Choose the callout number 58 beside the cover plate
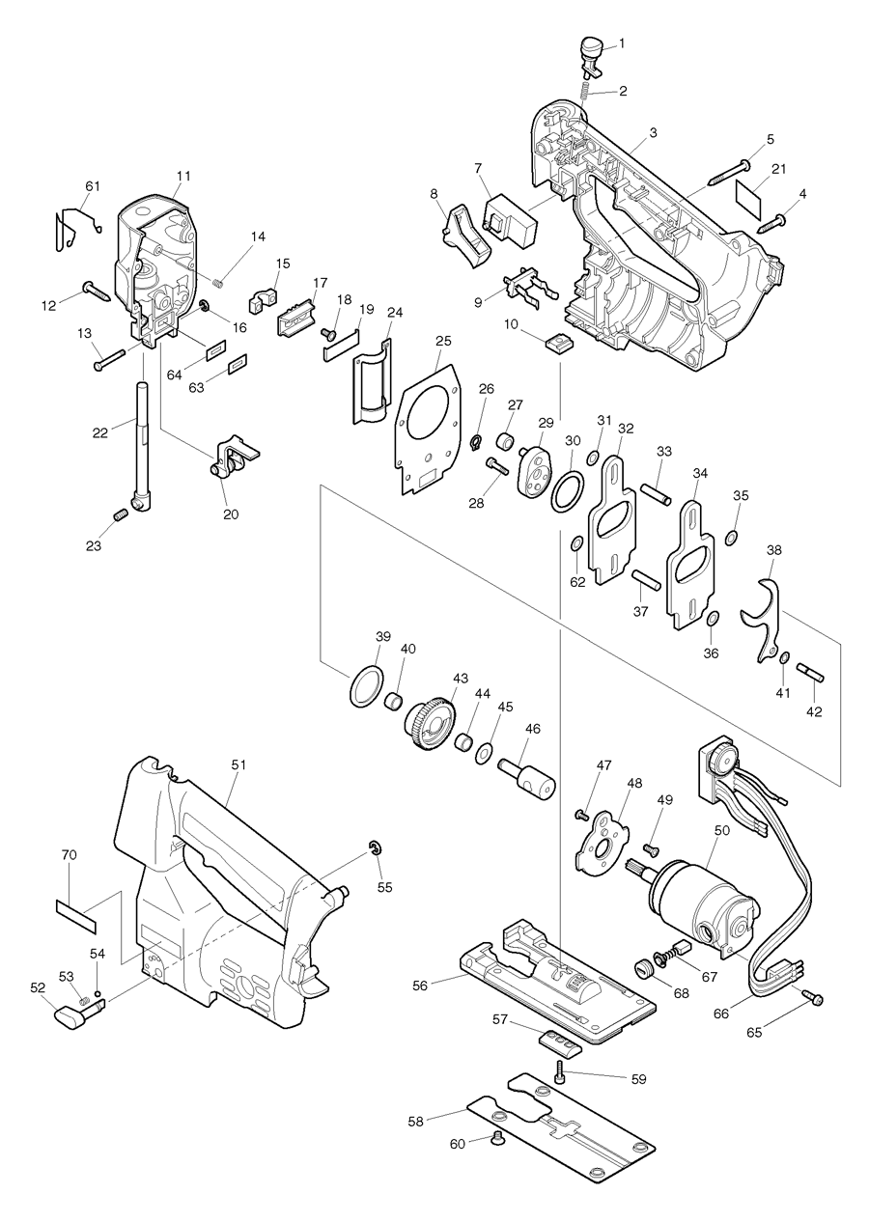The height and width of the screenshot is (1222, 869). click(416, 1121)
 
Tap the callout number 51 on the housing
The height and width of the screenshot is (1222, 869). click(238, 764)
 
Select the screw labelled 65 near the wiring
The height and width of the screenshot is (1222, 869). click(813, 999)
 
